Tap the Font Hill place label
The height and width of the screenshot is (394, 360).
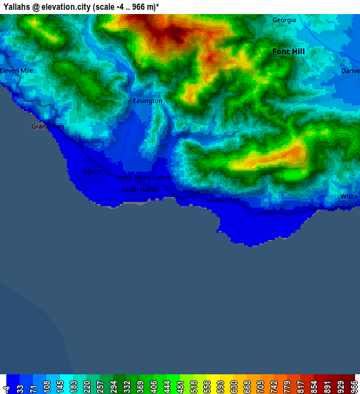tap(288, 51)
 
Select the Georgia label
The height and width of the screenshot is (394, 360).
tap(284, 20)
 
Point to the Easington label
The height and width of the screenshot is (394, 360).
tap(148, 101)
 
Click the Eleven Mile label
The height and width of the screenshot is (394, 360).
tap(17, 71)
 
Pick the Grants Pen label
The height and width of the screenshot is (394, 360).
tap(48, 127)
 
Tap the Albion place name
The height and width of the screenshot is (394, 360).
tap(94, 172)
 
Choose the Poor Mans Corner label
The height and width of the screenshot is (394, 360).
tap(146, 178)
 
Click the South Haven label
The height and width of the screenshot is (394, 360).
tap(140, 189)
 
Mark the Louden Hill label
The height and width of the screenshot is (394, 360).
tap(222, 201)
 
